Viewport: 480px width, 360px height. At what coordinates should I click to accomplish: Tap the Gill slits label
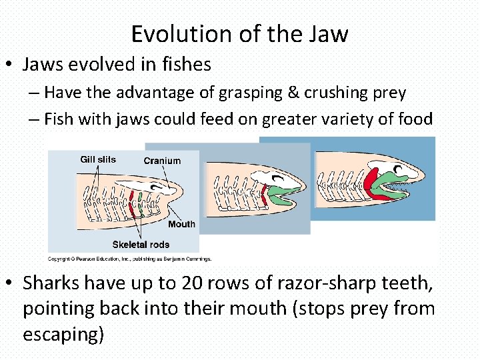point(97,159)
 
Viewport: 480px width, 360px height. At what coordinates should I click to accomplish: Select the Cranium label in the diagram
point(162,161)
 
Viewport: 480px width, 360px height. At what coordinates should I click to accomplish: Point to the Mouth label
point(181,224)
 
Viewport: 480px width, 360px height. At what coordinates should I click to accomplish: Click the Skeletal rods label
point(141,245)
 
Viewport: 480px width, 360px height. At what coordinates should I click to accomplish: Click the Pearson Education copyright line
point(129,259)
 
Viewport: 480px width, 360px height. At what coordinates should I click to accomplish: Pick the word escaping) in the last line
point(63,334)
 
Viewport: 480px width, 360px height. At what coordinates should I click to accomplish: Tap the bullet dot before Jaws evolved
point(9,65)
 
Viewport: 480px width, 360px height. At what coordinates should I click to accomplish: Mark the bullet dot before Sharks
point(9,284)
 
